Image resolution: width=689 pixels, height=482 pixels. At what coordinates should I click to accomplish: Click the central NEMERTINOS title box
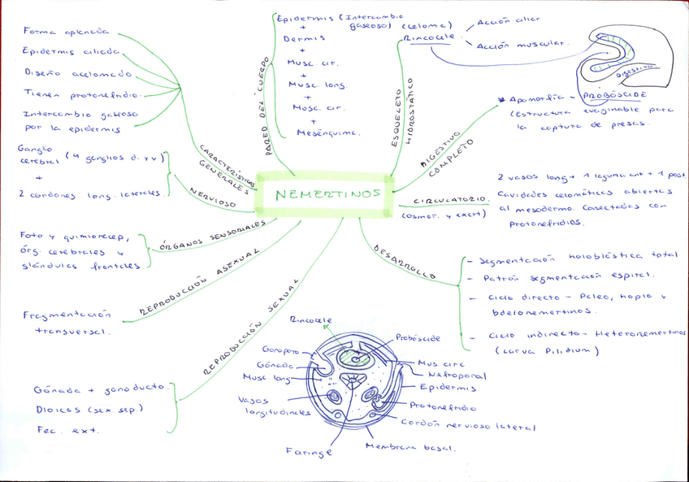(324, 195)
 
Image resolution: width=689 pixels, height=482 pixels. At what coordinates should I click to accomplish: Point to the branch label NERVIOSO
(213, 198)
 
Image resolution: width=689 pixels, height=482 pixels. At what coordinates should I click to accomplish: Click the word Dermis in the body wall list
(305, 38)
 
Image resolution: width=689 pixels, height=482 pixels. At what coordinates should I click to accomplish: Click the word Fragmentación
(67, 315)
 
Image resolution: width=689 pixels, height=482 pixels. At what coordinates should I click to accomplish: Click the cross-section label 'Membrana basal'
(411, 446)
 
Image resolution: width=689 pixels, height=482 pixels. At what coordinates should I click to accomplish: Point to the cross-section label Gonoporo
(279, 351)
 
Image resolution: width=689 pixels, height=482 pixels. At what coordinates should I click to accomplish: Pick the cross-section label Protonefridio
(443, 406)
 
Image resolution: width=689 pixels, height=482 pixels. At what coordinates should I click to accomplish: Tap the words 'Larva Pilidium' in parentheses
(547, 350)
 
